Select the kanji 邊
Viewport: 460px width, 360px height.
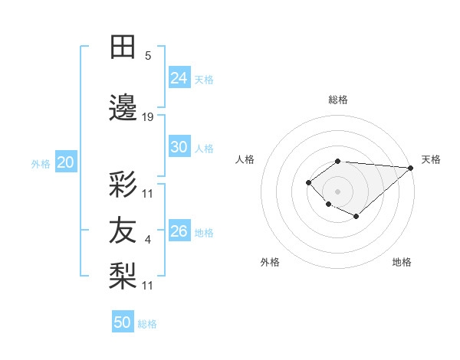[123, 107]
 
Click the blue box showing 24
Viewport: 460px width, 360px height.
[179, 77]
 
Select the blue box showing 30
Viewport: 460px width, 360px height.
[179, 147]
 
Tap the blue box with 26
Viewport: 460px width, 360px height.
[179, 231]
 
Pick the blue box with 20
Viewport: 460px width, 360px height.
[65, 162]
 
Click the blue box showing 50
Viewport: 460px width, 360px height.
[123, 322]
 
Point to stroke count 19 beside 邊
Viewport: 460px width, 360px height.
[148, 117]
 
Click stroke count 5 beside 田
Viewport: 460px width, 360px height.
[148, 55]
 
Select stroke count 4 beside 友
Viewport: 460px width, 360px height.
[148, 241]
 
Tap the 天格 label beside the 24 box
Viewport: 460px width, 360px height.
[204, 79]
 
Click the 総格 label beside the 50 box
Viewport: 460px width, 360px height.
[147, 324]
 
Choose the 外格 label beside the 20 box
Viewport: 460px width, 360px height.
[41, 164]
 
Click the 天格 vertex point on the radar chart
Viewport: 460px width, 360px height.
[410, 168]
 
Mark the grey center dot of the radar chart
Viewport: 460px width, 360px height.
[337, 191]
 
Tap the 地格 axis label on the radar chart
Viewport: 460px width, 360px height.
[402, 262]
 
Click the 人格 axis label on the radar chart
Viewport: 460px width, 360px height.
[245, 159]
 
